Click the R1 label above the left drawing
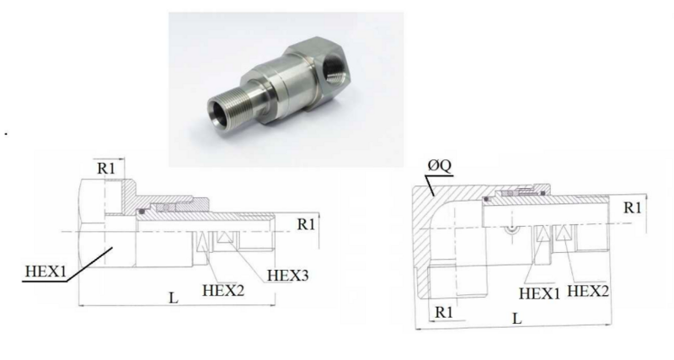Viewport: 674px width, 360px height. [106, 168]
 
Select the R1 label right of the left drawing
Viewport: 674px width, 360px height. [306, 224]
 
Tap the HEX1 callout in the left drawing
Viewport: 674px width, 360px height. [46, 271]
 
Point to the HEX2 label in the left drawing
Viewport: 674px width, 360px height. [223, 290]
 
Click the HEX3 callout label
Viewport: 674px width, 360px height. [287, 275]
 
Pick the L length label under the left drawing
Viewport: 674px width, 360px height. [174, 298]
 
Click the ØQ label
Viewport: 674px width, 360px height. [440, 165]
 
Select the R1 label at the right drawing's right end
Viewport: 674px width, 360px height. [633, 207]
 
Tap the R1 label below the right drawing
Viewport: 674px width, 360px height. [444, 312]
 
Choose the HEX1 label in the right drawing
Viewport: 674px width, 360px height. [539, 293]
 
